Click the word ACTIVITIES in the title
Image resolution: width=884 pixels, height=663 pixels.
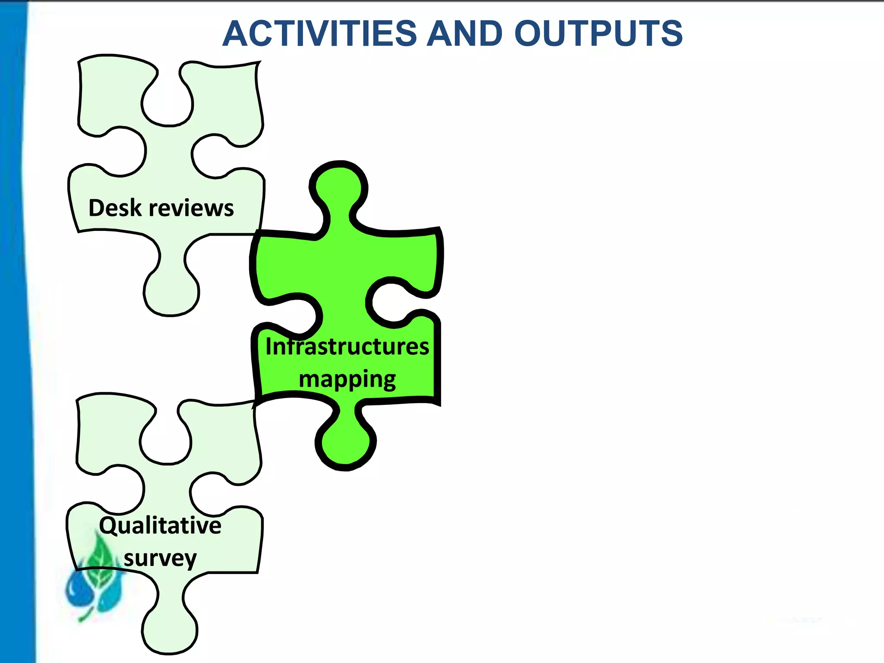320,34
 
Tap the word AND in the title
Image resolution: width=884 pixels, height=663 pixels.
464,34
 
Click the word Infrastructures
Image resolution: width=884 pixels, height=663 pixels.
347,347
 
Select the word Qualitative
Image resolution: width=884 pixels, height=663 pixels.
160,526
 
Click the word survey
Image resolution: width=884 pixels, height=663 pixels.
160,558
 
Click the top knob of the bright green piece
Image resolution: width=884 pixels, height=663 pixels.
339,186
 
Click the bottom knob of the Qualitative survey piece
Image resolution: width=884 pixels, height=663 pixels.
169,630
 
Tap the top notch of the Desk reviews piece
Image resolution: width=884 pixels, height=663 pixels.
167,104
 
